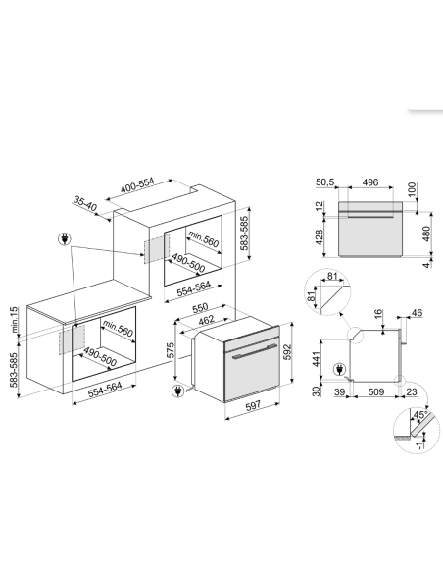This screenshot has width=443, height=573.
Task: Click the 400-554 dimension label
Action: (x=137, y=185)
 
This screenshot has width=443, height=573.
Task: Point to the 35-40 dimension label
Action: (x=85, y=203)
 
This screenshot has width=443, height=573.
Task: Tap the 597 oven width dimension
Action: (x=253, y=405)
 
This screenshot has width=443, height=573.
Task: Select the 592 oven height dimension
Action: (x=287, y=351)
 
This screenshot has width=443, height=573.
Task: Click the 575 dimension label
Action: (x=171, y=349)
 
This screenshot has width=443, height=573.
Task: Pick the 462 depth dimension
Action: (x=206, y=320)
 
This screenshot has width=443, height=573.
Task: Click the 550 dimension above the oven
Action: (x=200, y=308)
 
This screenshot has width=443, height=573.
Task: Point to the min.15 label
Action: (x=14, y=320)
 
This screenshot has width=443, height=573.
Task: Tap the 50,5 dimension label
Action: (x=324, y=182)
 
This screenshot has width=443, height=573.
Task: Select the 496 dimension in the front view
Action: (x=370, y=182)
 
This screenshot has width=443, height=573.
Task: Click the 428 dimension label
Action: (x=319, y=237)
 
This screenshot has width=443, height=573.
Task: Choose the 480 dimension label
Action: (x=426, y=234)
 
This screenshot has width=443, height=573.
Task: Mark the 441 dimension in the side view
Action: (x=316, y=359)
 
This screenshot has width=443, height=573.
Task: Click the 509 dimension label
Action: (x=375, y=392)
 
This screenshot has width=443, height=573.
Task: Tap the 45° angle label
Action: (x=419, y=415)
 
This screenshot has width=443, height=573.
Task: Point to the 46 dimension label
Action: (x=417, y=313)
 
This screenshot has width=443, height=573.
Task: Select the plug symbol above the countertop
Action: (x=65, y=239)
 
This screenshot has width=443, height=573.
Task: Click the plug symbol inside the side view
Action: (x=339, y=370)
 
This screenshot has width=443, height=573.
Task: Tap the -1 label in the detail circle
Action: (x=419, y=444)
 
